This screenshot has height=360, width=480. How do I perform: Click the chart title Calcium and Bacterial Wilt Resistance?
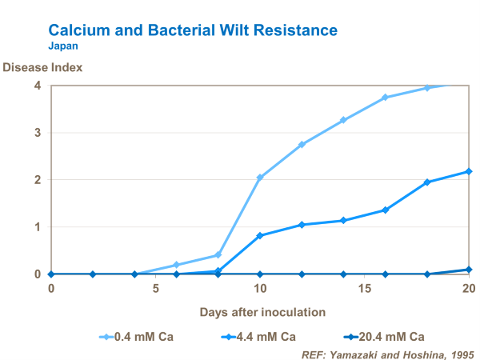click(x=193, y=30)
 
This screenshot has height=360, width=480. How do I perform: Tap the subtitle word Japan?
click(x=63, y=46)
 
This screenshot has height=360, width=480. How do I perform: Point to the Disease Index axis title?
click(x=42, y=67)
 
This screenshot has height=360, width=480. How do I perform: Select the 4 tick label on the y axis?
click(x=37, y=86)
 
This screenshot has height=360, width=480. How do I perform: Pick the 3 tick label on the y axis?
click(x=37, y=133)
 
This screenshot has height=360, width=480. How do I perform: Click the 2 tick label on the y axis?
click(x=37, y=180)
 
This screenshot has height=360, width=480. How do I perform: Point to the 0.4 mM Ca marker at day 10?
click(x=260, y=178)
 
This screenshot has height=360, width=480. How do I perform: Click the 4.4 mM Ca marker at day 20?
click(x=468, y=171)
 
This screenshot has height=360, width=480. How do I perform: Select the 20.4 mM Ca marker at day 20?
click(x=468, y=270)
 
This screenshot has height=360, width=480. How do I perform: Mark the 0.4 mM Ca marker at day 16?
click(x=385, y=98)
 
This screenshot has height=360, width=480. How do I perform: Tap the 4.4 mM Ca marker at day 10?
click(x=260, y=235)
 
